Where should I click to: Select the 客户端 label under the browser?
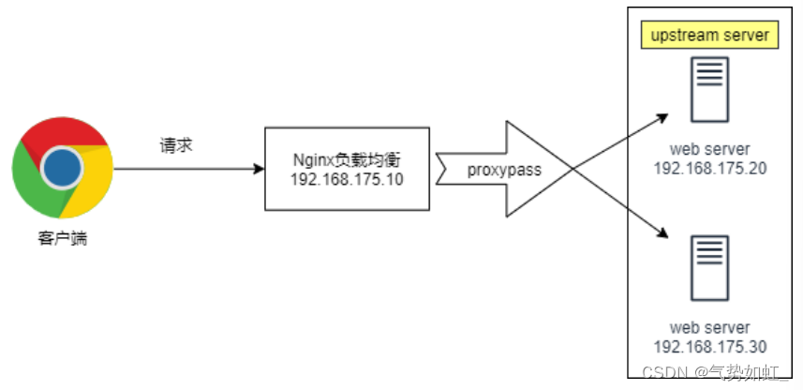(x=63, y=239)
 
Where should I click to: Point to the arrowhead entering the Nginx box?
(x=259, y=170)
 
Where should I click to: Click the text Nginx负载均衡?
(x=348, y=159)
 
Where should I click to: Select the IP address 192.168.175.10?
(x=348, y=179)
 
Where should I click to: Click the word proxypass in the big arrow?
(x=505, y=171)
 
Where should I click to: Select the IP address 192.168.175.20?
(x=709, y=167)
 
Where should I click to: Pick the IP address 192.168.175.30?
(x=709, y=345)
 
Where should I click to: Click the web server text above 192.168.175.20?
(x=709, y=149)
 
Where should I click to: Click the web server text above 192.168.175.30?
(x=709, y=327)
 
